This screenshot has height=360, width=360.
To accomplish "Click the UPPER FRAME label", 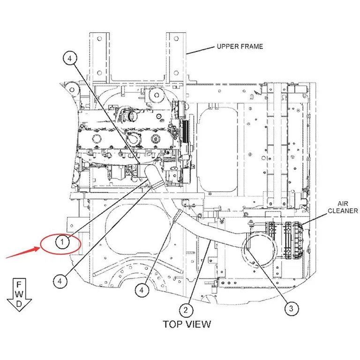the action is point(240,46).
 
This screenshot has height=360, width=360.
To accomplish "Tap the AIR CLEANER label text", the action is point(343,207).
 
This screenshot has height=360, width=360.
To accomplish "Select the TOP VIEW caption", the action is point(187,324).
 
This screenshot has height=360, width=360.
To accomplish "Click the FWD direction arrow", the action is point(19,295).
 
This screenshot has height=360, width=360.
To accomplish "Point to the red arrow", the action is point(22,252).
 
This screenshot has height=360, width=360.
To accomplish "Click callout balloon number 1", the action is point(62,242).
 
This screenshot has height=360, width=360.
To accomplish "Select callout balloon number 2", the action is point(186,310).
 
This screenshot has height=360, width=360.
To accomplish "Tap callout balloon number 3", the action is point(292,308).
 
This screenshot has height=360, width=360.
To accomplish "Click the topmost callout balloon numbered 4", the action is point(70,58).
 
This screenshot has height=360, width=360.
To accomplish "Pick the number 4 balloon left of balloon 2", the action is point(142,290).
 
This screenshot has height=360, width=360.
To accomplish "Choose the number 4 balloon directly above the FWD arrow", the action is point(60,281).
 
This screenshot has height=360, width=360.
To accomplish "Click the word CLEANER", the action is point(343,211).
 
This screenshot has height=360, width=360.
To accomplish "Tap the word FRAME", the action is point(251,46).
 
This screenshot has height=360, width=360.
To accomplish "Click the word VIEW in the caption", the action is point(199,324).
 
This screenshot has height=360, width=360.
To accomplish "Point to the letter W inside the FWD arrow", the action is point(19,294).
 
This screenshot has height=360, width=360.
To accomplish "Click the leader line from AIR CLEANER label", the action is point(314,218).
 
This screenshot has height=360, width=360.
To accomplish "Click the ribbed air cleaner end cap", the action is point(298,240).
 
